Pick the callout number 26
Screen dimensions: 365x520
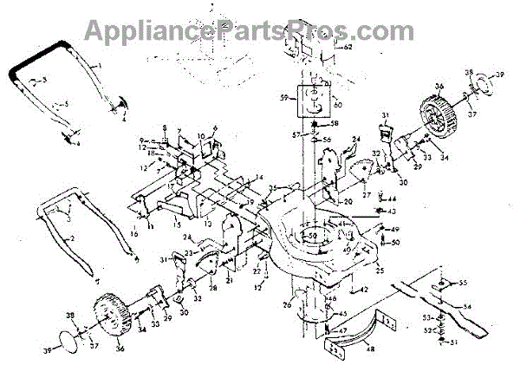click(x=287, y=305)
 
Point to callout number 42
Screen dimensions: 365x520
click(x=365, y=290)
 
